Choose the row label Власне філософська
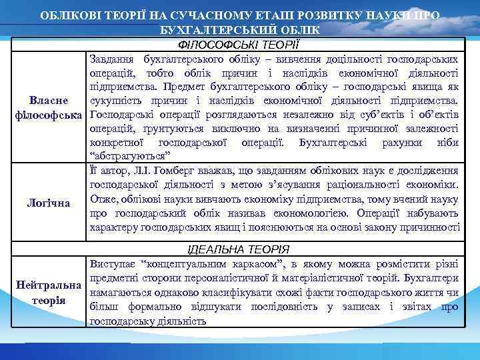click(x=47, y=107)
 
